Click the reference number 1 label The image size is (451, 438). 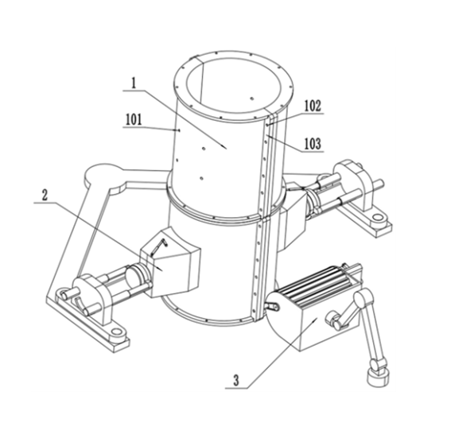pyautogui.click(x=133, y=83)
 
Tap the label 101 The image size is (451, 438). pyautogui.click(x=134, y=119)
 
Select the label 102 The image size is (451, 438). pyautogui.click(x=313, y=106)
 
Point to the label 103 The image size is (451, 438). pyautogui.click(x=313, y=144)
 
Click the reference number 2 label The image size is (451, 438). pyautogui.click(x=45, y=196)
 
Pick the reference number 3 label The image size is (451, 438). pyautogui.click(x=236, y=381)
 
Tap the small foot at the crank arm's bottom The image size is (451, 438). pyautogui.click(x=378, y=378)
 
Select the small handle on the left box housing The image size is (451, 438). pyautogui.click(x=159, y=246)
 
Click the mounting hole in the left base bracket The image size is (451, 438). pyautogui.click(x=116, y=331)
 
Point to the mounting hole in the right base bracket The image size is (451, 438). pyautogui.click(x=376, y=216)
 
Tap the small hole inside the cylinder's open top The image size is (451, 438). pyautogui.click(x=252, y=99)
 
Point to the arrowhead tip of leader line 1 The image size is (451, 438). pyautogui.click(x=227, y=149)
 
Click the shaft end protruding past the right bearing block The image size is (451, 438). pyautogui.click(x=379, y=184)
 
